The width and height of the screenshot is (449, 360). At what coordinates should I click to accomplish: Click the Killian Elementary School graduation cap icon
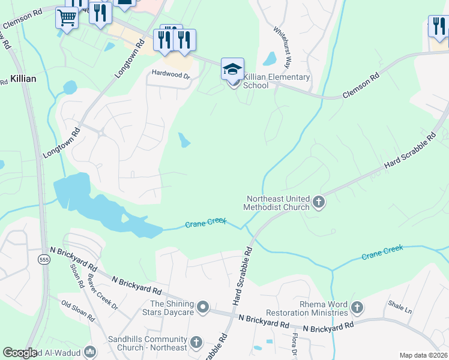232,69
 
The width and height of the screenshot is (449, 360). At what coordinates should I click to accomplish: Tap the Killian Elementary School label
277,81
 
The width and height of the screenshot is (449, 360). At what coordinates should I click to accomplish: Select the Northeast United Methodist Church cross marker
319,203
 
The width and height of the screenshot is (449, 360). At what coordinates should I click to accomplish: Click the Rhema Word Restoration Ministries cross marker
357,308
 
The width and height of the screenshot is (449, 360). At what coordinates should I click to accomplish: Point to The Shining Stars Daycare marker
203,308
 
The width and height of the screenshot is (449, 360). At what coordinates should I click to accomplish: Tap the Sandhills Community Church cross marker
196,343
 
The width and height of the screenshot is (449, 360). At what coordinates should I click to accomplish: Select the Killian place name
23,79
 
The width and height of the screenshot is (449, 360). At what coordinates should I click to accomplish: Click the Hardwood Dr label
170,76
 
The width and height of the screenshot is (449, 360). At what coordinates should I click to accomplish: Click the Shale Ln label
400,310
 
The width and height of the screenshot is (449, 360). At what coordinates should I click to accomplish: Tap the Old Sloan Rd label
78,310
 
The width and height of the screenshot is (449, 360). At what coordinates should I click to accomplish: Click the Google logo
20,353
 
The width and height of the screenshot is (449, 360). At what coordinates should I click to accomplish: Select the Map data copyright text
424,355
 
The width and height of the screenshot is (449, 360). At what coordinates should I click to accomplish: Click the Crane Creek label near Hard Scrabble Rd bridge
205,223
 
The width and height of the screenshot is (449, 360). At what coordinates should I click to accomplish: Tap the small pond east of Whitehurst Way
270,59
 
